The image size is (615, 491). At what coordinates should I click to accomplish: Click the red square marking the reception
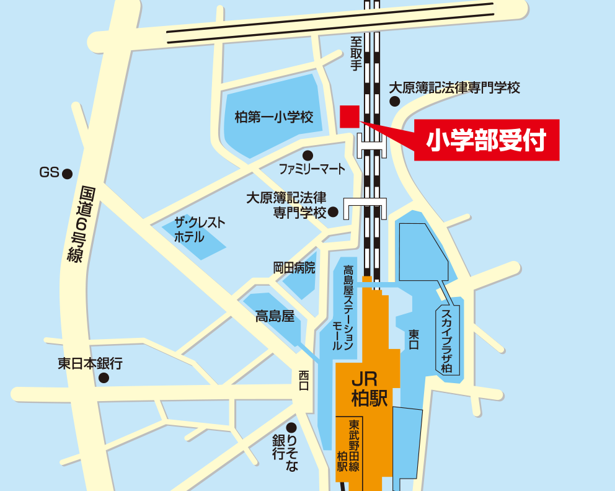coord(350,116)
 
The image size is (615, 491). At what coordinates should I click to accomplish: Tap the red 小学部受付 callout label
coord(487,140)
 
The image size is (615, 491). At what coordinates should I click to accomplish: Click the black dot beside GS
coord(68,174)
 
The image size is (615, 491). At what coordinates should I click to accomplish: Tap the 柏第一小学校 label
coord(273,117)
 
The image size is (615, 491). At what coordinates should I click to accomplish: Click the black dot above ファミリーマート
coord(307,155)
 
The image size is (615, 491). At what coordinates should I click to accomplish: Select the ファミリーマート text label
coord(312,169)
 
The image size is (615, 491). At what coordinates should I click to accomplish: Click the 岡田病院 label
coord(294,268)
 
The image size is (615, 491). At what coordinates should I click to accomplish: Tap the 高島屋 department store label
coord(274,317)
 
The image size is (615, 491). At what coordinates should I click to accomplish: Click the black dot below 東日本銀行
coord(104,378)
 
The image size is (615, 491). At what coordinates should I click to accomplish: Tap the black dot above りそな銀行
coord(291,427)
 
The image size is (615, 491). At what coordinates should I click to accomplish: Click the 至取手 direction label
coord(355,54)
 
